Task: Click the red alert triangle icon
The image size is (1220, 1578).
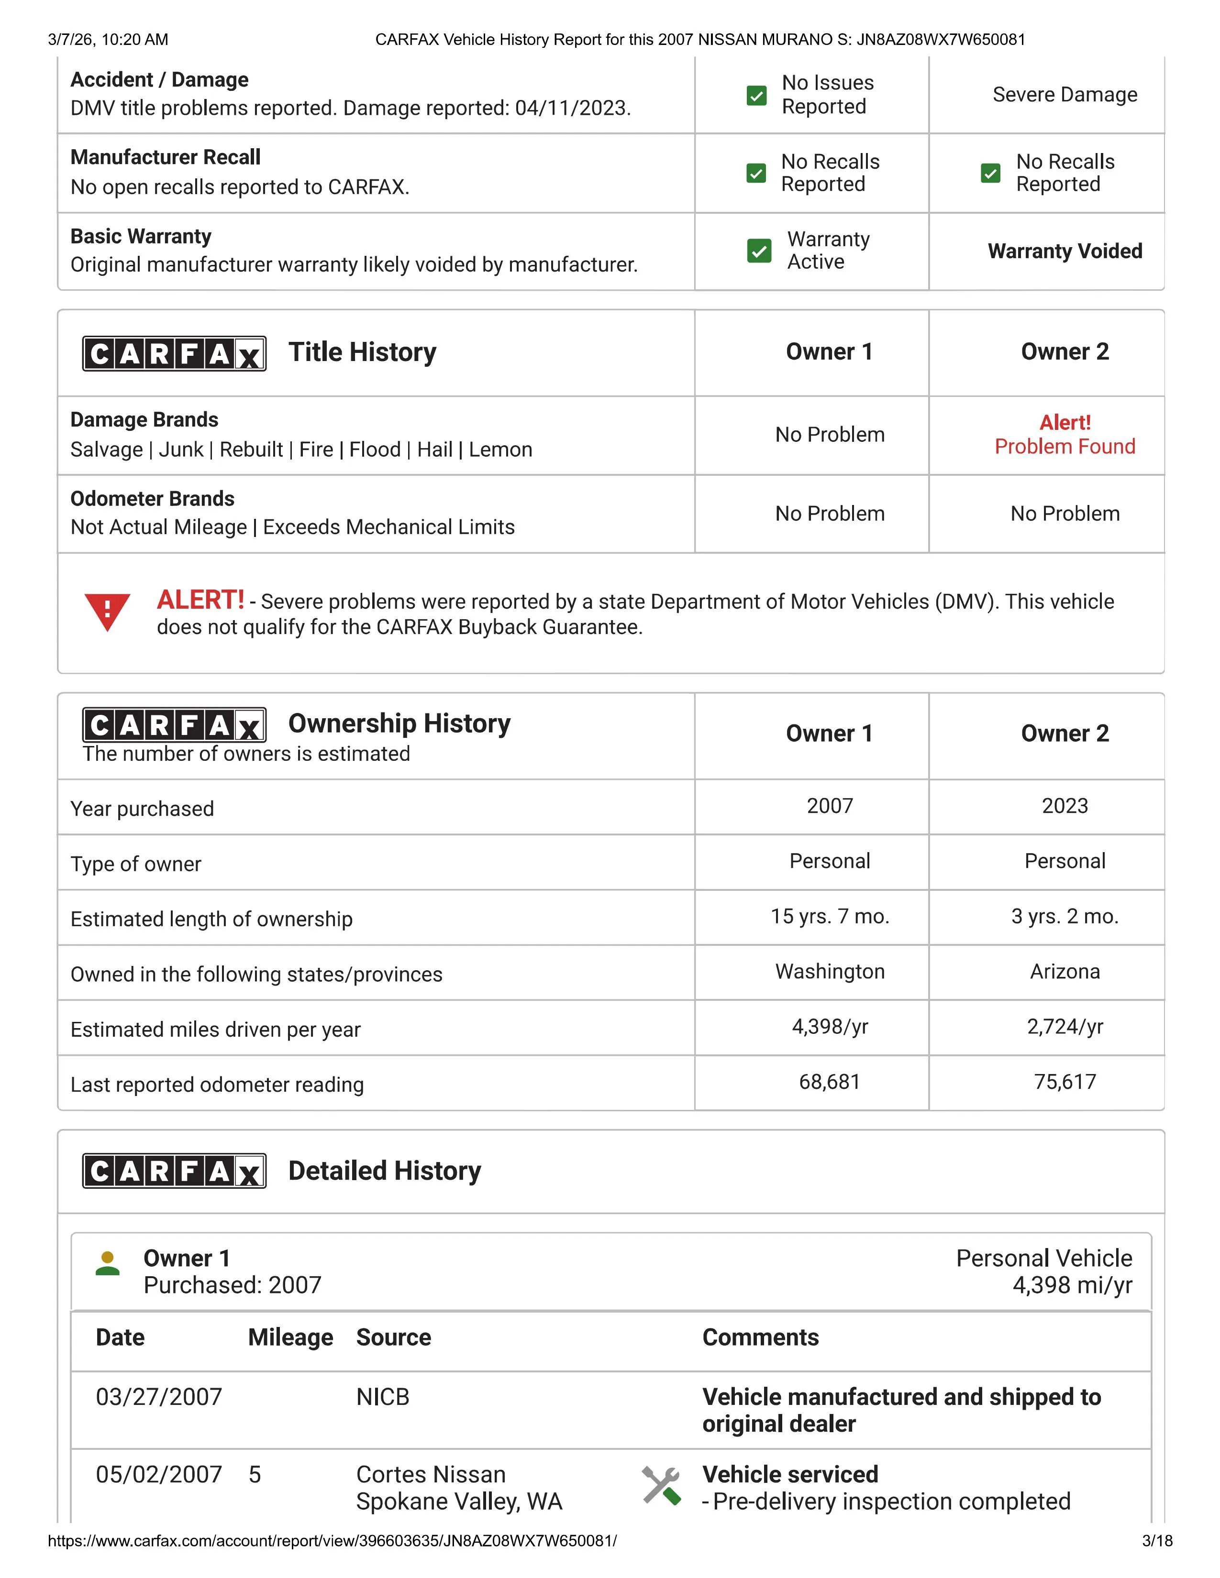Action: (x=107, y=611)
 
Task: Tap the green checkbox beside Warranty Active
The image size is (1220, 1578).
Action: (x=758, y=251)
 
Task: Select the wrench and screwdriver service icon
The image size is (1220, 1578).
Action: (x=661, y=1486)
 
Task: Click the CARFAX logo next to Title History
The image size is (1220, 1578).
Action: (x=174, y=353)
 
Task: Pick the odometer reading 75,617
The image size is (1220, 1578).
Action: (x=1064, y=1082)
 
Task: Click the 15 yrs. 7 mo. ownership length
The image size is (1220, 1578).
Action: (x=829, y=916)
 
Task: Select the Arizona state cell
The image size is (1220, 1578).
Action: (x=1064, y=971)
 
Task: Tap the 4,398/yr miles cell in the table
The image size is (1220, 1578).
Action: (x=829, y=1026)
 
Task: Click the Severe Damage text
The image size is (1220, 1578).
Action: (x=1064, y=95)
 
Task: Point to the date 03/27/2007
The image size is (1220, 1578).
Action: (x=159, y=1397)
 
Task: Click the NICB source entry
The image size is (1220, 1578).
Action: (x=382, y=1397)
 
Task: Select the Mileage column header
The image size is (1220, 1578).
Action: (x=290, y=1337)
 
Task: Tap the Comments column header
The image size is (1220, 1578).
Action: (x=760, y=1337)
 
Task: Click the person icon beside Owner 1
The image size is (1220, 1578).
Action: (x=108, y=1264)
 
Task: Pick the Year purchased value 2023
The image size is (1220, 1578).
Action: (x=1064, y=806)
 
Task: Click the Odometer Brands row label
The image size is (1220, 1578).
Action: (x=153, y=499)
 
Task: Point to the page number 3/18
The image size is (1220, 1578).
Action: (x=1156, y=1540)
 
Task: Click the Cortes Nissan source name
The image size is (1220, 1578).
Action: (x=431, y=1474)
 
